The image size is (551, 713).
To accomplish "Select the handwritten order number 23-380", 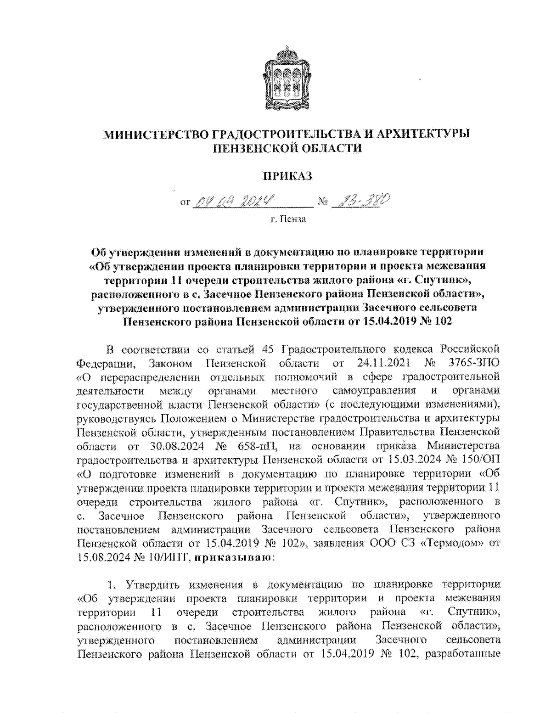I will (x=357, y=201).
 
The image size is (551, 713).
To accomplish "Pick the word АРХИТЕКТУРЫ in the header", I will (x=423, y=134).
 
